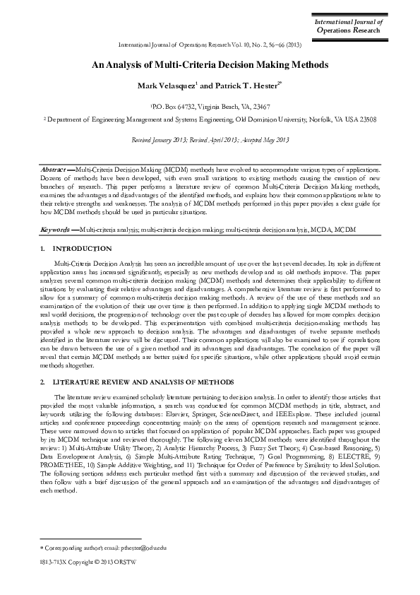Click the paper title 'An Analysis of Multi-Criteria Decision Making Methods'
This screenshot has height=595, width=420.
(x=210, y=64)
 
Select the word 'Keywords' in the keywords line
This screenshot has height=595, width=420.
(x=55, y=230)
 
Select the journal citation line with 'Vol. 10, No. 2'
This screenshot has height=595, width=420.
(x=210, y=44)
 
